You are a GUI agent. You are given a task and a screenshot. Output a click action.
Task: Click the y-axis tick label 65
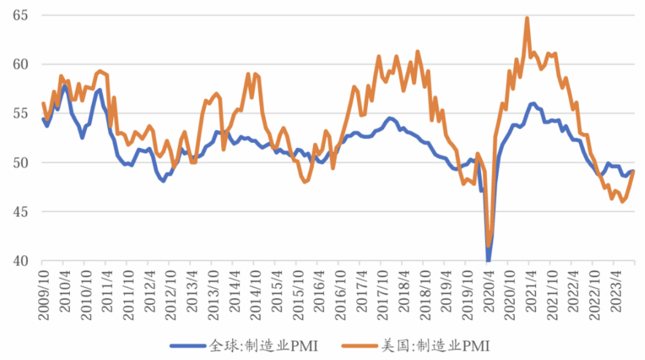coord(19,16)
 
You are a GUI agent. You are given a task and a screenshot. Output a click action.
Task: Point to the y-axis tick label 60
coord(19,65)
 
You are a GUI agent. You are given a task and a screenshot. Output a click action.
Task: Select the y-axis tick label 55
coord(19,114)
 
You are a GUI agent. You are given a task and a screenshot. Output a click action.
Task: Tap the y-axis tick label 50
coord(19,163)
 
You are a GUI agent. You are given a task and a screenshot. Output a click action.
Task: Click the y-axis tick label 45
coord(19,212)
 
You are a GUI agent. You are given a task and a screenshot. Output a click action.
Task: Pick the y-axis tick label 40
coord(19,261)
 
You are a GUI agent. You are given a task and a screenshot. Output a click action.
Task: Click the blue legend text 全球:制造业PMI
coord(264,345)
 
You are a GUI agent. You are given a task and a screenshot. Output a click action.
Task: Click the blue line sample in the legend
coord(187,345)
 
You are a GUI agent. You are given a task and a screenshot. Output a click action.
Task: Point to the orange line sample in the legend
coord(360,345)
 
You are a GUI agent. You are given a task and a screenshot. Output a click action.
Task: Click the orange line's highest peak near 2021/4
coord(527,18)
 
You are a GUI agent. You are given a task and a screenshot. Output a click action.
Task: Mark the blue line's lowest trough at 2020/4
coord(488,260)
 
